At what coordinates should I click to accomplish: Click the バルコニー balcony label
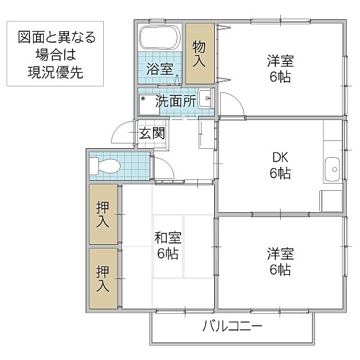coord(232,327)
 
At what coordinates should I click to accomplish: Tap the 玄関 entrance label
coord(152,133)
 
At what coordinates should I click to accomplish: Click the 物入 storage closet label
coord(199,53)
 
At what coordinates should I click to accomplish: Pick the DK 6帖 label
coord(280,166)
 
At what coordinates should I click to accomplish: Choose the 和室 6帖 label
coord(169,245)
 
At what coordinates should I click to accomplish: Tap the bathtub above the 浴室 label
coord(160,39)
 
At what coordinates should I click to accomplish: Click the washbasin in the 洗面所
coord(205,98)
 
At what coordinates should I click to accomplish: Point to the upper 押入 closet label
coord(103,214)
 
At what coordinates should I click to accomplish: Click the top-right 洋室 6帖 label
coord(280,69)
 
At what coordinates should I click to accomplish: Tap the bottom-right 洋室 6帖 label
coord(280,262)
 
